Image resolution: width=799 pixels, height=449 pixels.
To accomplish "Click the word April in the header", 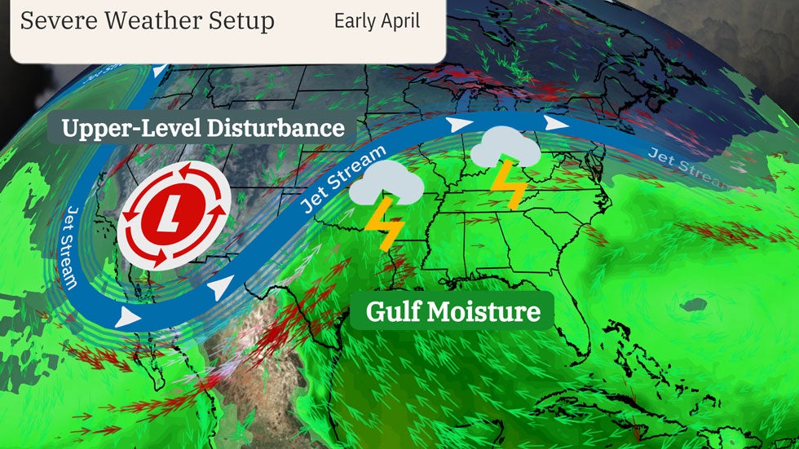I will coord(401,21).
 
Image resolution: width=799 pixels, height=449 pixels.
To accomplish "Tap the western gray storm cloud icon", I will coord(386,183).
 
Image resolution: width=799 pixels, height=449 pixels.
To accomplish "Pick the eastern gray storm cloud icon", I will coord(506,149).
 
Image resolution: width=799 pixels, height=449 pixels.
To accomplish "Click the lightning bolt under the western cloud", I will coord(383,225).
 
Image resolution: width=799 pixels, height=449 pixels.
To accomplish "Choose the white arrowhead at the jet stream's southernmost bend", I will coord(126,316).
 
